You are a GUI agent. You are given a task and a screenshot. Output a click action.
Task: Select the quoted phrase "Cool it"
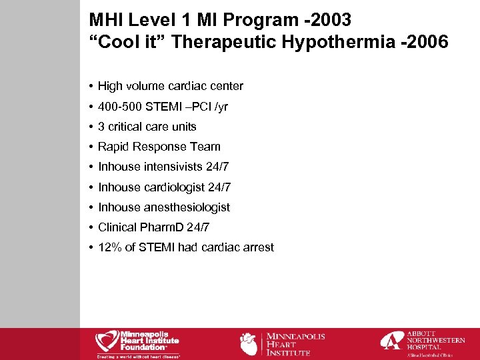(x=127, y=43)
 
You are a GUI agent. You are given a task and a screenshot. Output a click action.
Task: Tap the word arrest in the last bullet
(x=257, y=247)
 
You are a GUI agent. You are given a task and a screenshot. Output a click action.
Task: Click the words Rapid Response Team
(x=159, y=147)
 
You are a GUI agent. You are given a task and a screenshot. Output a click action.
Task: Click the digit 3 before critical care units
(x=101, y=127)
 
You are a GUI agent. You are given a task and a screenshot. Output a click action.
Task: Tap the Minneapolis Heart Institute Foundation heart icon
(x=107, y=341)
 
